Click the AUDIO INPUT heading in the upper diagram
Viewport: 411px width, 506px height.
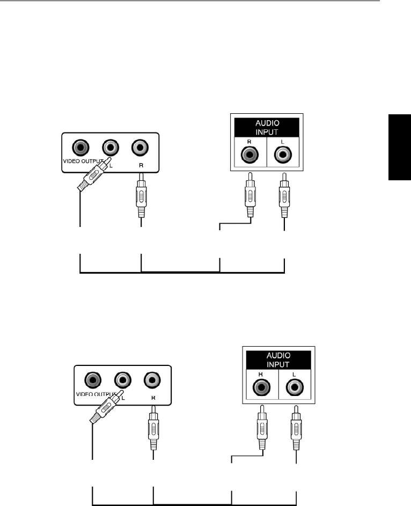(x=267, y=127)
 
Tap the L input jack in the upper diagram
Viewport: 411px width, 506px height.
(x=283, y=155)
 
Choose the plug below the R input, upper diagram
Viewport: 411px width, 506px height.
(x=251, y=193)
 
